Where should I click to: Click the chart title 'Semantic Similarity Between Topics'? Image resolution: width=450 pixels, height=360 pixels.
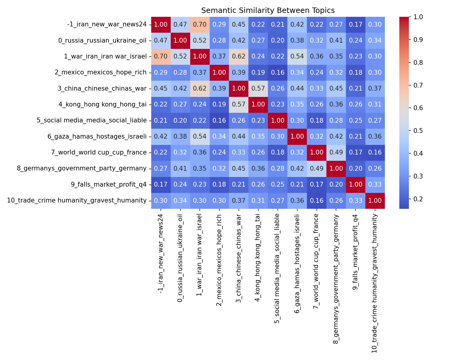tap(268, 10)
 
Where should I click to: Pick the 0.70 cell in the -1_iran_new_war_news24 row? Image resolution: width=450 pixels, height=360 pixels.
tap(200, 25)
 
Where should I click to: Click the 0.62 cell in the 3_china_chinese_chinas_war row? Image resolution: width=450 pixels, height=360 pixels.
tap(200, 88)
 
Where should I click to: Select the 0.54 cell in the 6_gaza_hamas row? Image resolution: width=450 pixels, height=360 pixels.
tap(200, 136)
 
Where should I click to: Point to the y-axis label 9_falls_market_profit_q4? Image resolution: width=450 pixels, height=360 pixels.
tap(109, 184)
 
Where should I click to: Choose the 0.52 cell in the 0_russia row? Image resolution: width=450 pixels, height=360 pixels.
tap(200, 40)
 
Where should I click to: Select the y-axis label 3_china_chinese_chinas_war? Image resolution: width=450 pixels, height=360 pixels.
tap(102, 88)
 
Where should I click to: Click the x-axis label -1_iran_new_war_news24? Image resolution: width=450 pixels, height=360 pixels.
tap(161, 253)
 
